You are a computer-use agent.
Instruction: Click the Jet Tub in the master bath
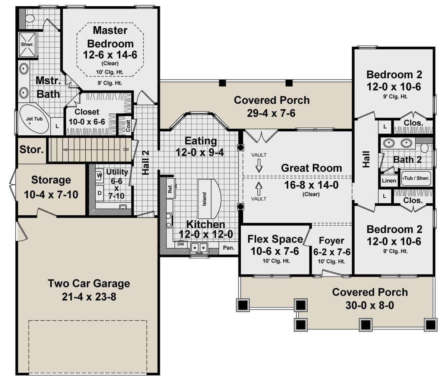[x=34, y=119]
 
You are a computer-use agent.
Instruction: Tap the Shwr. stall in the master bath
[x=27, y=45]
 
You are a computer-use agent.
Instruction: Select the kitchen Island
[x=209, y=198]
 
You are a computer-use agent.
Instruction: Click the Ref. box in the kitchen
[x=171, y=188]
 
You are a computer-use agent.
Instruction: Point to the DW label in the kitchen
[x=181, y=244]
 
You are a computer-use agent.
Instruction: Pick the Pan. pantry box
[x=229, y=248]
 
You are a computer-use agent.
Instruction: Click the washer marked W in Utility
[x=99, y=175]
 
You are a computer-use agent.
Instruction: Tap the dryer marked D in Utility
[x=99, y=193]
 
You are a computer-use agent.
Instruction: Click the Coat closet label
[x=128, y=126]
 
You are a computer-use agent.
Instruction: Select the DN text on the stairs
[x=126, y=150]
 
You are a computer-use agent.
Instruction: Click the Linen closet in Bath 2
[x=389, y=181]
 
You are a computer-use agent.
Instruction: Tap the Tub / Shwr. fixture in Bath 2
[x=416, y=178]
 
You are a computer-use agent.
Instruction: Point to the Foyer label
[x=332, y=241]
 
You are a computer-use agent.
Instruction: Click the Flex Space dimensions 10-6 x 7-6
[x=275, y=251]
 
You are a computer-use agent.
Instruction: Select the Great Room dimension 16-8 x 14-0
[x=311, y=185]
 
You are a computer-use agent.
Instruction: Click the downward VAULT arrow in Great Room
[x=259, y=166]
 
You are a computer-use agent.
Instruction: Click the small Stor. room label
[x=31, y=150]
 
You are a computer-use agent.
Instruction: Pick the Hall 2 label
[x=146, y=163]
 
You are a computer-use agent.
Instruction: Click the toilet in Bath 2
[x=425, y=148]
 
